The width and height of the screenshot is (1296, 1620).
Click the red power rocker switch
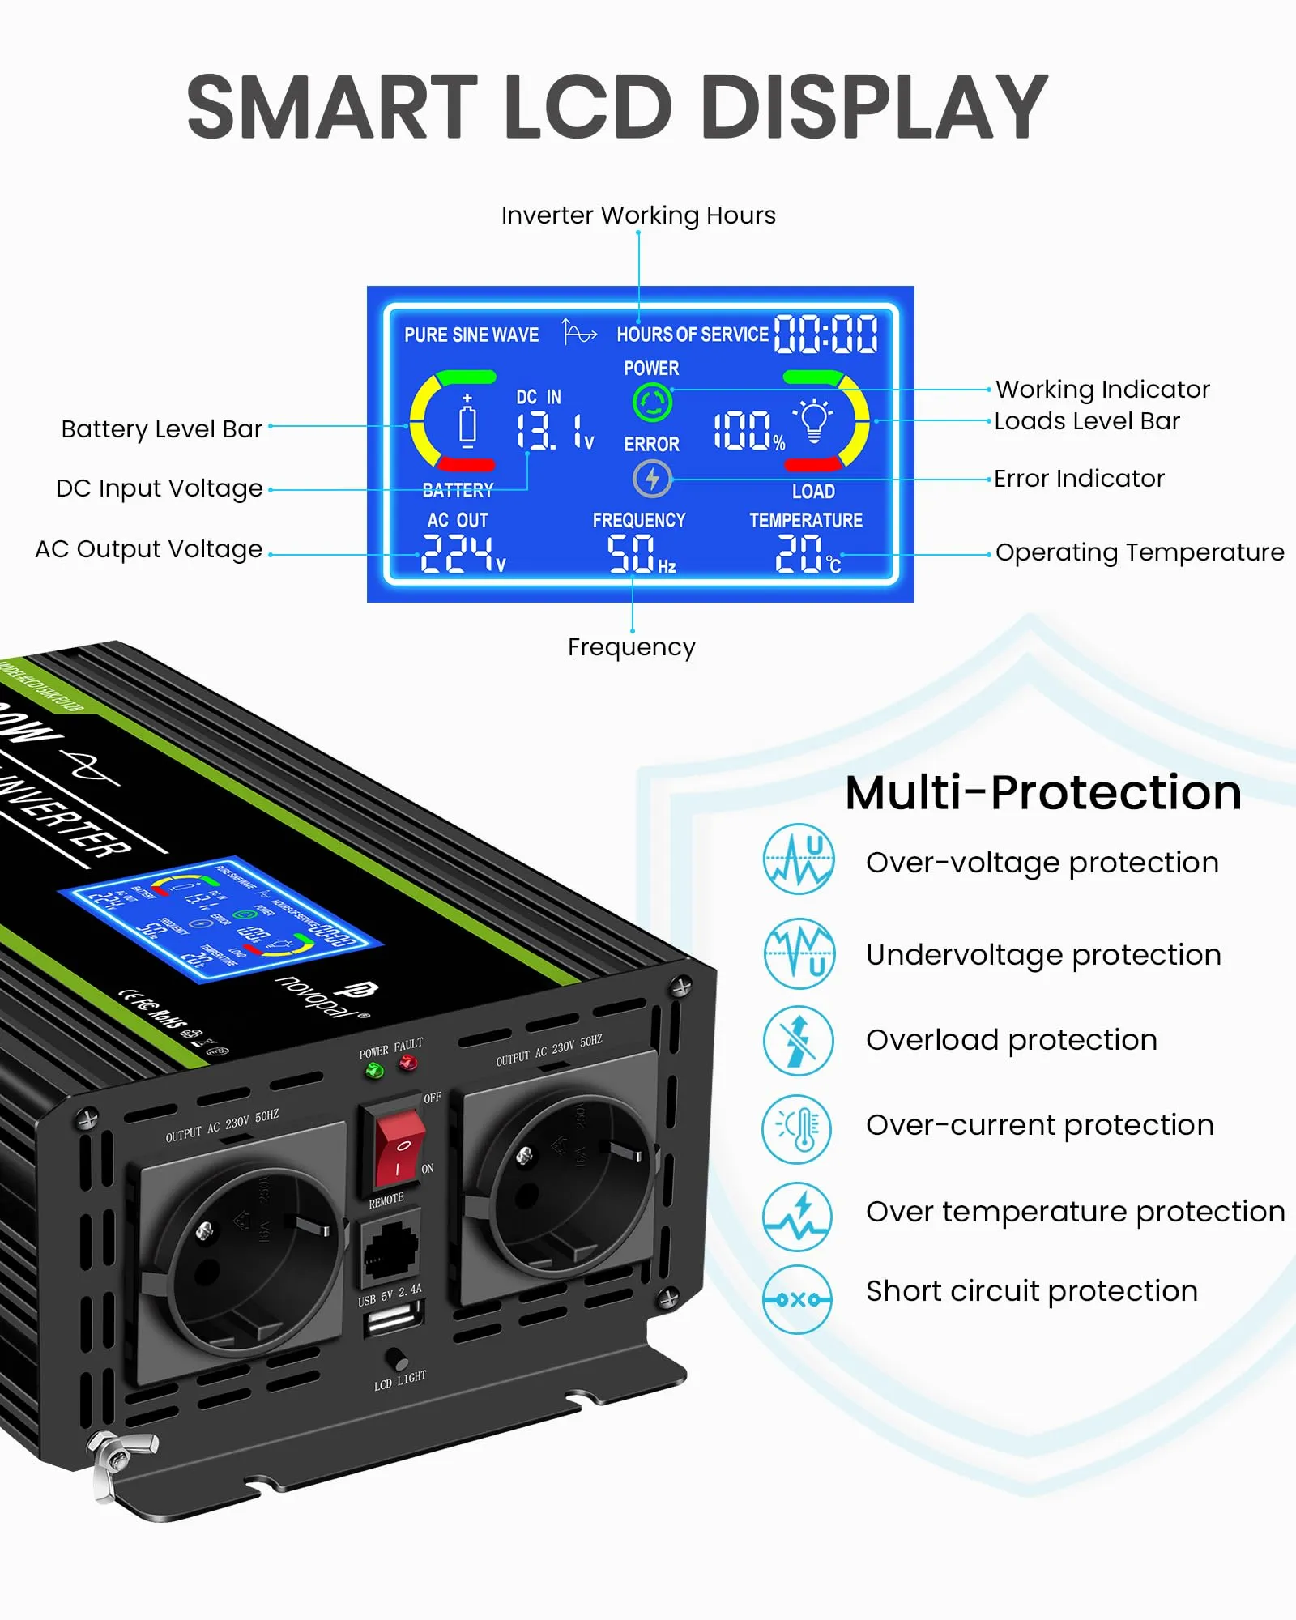tap(399, 1148)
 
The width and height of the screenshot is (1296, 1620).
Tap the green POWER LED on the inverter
tap(374, 1071)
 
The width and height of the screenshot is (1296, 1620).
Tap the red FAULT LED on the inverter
tap(408, 1063)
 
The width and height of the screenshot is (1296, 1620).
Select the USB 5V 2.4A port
tap(394, 1322)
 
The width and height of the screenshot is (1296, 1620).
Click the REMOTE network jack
tap(390, 1247)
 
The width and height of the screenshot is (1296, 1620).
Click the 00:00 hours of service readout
tap(825, 335)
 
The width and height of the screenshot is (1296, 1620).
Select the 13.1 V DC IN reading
tap(554, 431)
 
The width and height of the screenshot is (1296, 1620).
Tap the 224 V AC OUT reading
tap(462, 554)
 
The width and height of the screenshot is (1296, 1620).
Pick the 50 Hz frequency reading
tap(640, 554)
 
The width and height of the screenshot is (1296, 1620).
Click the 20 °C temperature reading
tap(807, 554)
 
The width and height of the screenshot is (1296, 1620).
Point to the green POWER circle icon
tap(652, 403)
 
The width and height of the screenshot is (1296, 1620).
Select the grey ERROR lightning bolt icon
tap(652, 479)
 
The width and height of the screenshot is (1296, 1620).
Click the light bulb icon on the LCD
tap(814, 420)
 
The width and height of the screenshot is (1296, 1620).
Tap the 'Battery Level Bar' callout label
tap(162, 428)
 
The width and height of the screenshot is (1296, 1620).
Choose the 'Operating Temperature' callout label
tap(1139, 552)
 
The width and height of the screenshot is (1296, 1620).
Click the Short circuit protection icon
tap(798, 1299)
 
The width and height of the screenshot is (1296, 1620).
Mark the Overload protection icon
tap(798, 1041)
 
